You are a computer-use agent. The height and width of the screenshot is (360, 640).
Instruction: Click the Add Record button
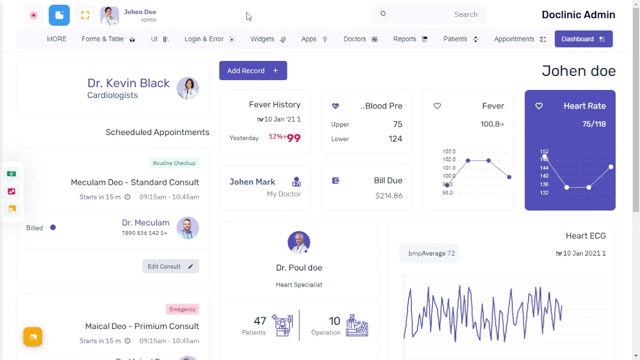pos(253,70)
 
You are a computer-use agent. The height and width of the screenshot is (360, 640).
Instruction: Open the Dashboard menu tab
pos(583,39)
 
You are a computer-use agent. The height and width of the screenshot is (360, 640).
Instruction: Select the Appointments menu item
pos(519,39)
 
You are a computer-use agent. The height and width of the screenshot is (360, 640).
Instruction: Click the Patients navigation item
pos(460,39)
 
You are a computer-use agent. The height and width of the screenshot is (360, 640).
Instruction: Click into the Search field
pos(429,14)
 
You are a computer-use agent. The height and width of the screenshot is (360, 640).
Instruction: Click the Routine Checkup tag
pos(174,163)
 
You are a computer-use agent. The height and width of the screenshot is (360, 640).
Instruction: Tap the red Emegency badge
pos(182,309)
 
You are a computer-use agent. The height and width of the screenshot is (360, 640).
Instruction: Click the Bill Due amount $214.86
pos(388,195)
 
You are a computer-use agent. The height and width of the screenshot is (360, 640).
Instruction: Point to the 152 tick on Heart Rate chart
pos(544,151)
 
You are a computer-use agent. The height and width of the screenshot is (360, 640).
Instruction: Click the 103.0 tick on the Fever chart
pos(448,151)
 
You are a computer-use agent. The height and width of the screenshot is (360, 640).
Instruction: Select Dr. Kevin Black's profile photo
pos(188,88)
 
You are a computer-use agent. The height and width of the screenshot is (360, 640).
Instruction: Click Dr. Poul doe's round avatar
pos(299,242)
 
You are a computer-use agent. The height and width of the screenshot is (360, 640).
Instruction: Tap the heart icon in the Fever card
pos(437,106)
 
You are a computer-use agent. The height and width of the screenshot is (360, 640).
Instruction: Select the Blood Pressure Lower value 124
pos(395,138)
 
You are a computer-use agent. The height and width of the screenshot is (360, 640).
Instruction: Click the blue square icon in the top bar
pos(59,15)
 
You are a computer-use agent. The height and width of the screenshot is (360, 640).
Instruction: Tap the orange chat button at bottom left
pos(32,337)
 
